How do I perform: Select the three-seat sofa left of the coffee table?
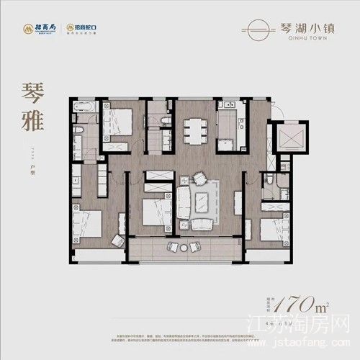pyautogui.click(x=184, y=196)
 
